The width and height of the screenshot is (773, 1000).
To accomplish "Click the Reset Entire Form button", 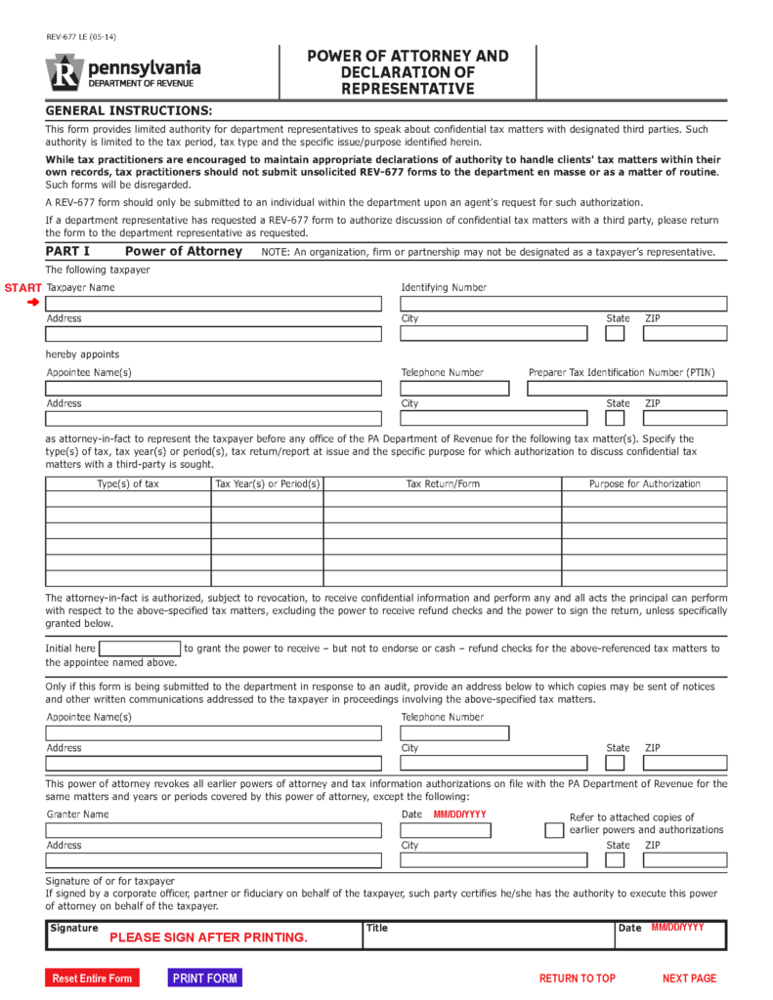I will pos(92,978).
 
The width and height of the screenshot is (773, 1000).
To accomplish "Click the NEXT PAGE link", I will pos(689,978).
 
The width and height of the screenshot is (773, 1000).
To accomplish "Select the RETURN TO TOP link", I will pos(577,978).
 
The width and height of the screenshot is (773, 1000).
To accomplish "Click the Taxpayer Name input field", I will pos(213,304).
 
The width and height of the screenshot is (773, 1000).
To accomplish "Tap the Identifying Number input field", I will pos(563,304).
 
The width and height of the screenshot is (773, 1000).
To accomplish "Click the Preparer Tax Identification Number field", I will pos(626,389).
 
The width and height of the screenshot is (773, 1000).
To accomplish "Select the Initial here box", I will pos(140,648).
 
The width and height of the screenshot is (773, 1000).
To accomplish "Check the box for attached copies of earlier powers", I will pos(553,830).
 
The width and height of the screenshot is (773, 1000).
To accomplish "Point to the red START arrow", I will pos(32,303).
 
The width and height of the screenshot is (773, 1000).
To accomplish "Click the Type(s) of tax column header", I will pos(127,483).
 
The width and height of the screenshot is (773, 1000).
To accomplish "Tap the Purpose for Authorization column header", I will pos(644,483).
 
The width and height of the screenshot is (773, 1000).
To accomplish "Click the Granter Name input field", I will pos(213,830).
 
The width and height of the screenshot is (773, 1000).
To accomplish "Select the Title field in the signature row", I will pos(487,936).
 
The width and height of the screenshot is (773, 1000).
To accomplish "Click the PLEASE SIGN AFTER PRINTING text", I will pos(208,937).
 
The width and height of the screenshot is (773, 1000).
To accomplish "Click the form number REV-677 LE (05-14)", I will pos(80,37).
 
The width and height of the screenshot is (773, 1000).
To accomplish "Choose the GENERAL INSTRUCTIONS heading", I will pos(128,110).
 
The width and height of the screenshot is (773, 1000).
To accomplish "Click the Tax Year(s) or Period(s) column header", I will pos(267,483).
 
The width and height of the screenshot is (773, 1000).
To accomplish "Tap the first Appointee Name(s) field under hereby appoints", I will pos(213,389).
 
